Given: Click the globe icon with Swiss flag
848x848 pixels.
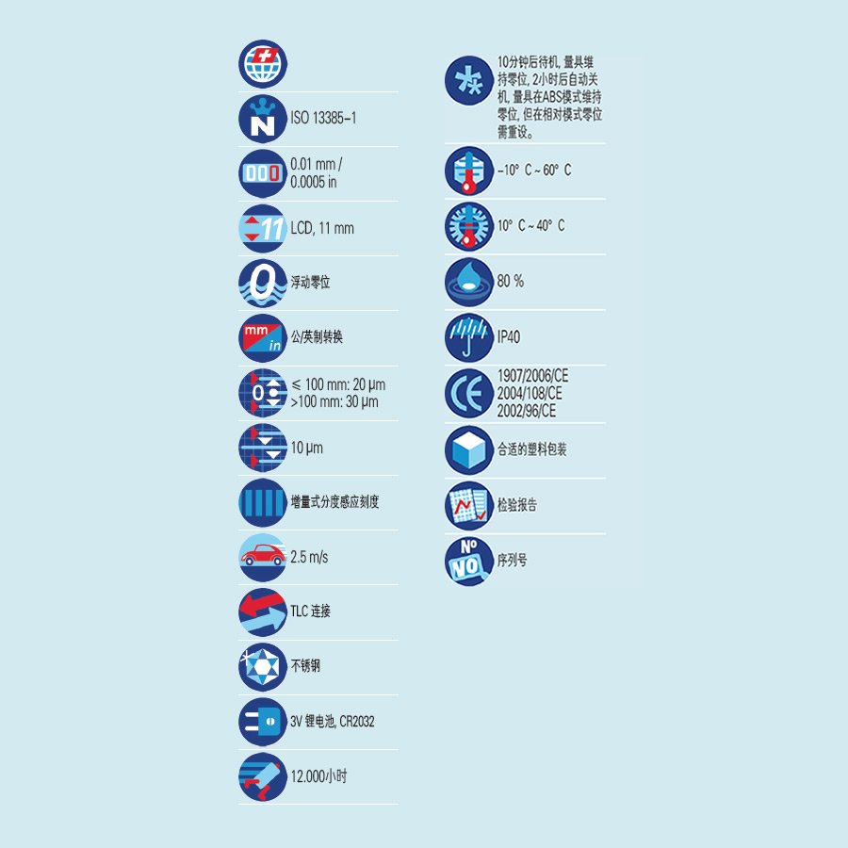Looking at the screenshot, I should (x=262, y=64).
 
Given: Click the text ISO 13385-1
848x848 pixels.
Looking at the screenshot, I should (x=323, y=119).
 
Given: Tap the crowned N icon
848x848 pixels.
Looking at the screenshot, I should (x=262, y=119).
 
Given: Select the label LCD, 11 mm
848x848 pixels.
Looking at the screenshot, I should (x=322, y=228).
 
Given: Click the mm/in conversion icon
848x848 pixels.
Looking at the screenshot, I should (x=262, y=337).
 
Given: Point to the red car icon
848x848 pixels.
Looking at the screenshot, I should (x=262, y=556).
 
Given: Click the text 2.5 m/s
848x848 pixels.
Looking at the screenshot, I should (x=309, y=557).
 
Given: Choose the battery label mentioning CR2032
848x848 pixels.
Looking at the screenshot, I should (x=333, y=722).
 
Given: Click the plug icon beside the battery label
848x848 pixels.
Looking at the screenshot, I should (x=262, y=721).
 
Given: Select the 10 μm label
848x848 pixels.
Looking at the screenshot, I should (x=306, y=448).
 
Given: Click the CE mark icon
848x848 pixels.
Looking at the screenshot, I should (x=468, y=394).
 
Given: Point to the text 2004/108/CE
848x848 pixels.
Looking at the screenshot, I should (x=530, y=394).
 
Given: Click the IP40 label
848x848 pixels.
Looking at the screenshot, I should (x=509, y=337).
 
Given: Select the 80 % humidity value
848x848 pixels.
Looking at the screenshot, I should (x=511, y=282).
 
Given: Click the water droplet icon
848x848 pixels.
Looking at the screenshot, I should (x=468, y=282).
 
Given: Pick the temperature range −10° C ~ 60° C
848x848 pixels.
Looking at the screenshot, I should (x=533, y=171).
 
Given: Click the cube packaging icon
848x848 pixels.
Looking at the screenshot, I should (x=468, y=449).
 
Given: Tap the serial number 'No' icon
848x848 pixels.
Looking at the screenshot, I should (x=468, y=561).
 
